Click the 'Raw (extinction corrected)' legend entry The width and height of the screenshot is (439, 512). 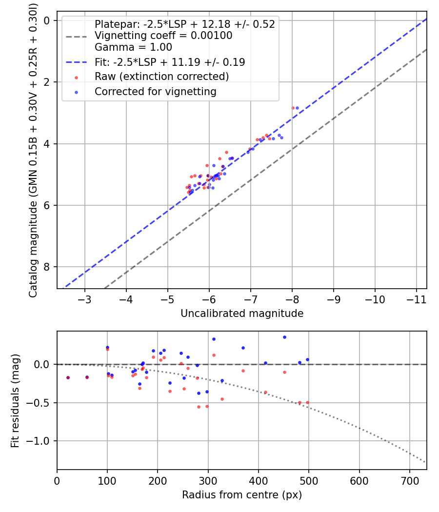(x=161, y=77)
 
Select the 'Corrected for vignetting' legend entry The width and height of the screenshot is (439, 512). (x=155, y=92)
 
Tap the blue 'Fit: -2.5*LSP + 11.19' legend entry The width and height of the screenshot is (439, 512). (x=170, y=62)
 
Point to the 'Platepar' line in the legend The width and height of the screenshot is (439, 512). (x=184, y=24)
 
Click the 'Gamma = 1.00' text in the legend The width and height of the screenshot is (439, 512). (x=133, y=48)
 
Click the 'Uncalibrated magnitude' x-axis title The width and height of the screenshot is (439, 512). (x=242, y=314)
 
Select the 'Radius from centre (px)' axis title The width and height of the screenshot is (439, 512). (x=242, y=495)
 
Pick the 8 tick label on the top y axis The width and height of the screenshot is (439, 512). (x=47, y=267)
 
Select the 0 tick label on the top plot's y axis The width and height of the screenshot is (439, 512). (x=47, y=20)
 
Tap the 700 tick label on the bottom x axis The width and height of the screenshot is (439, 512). (x=410, y=480)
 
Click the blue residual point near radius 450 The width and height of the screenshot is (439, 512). (x=284, y=337)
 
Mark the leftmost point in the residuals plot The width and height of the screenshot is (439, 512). (x=68, y=377)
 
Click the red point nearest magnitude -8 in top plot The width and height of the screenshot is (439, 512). (x=293, y=108)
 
